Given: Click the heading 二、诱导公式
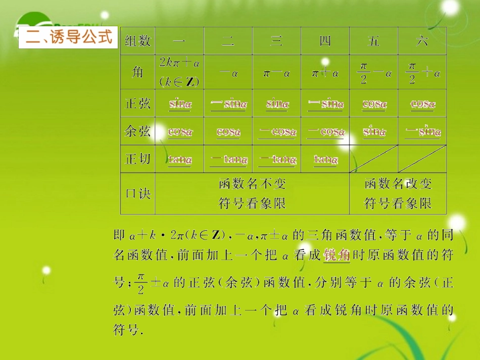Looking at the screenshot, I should pyautogui.click(x=68, y=38).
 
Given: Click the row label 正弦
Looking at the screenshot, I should pyautogui.click(x=137, y=104).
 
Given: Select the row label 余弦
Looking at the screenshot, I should pyautogui.click(x=137, y=131).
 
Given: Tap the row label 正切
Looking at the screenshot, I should pyautogui.click(x=137, y=159).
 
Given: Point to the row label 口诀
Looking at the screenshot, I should pyautogui.click(x=137, y=193).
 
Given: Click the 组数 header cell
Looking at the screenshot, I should pyautogui.click(x=137, y=41).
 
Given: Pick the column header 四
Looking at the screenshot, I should pyautogui.click(x=325, y=41).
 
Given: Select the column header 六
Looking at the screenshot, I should pyautogui.click(x=422, y=41).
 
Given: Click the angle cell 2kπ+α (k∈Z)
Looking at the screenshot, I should pyautogui.click(x=180, y=72).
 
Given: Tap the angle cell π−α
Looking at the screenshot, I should pyautogui.click(x=276, y=73).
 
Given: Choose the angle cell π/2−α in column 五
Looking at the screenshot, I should pyautogui.click(x=374, y=73).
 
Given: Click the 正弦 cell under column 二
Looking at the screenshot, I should pyautogui.click(x=228, y=104).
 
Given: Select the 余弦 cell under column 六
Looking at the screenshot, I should pyautogui.click(x=423, y=132).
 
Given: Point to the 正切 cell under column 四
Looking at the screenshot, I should pyautogui.click(x=325, y=160).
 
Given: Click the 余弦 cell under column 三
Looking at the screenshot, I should pyautogui.click(x=277, y=132).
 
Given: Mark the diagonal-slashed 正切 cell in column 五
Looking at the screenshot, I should pyautogui.click(x=373, y=159).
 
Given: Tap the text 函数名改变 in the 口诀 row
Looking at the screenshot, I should pyautogui.click(x=398, y=183).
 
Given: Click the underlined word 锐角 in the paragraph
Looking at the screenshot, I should pyautogui.click(x=337, y=255).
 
